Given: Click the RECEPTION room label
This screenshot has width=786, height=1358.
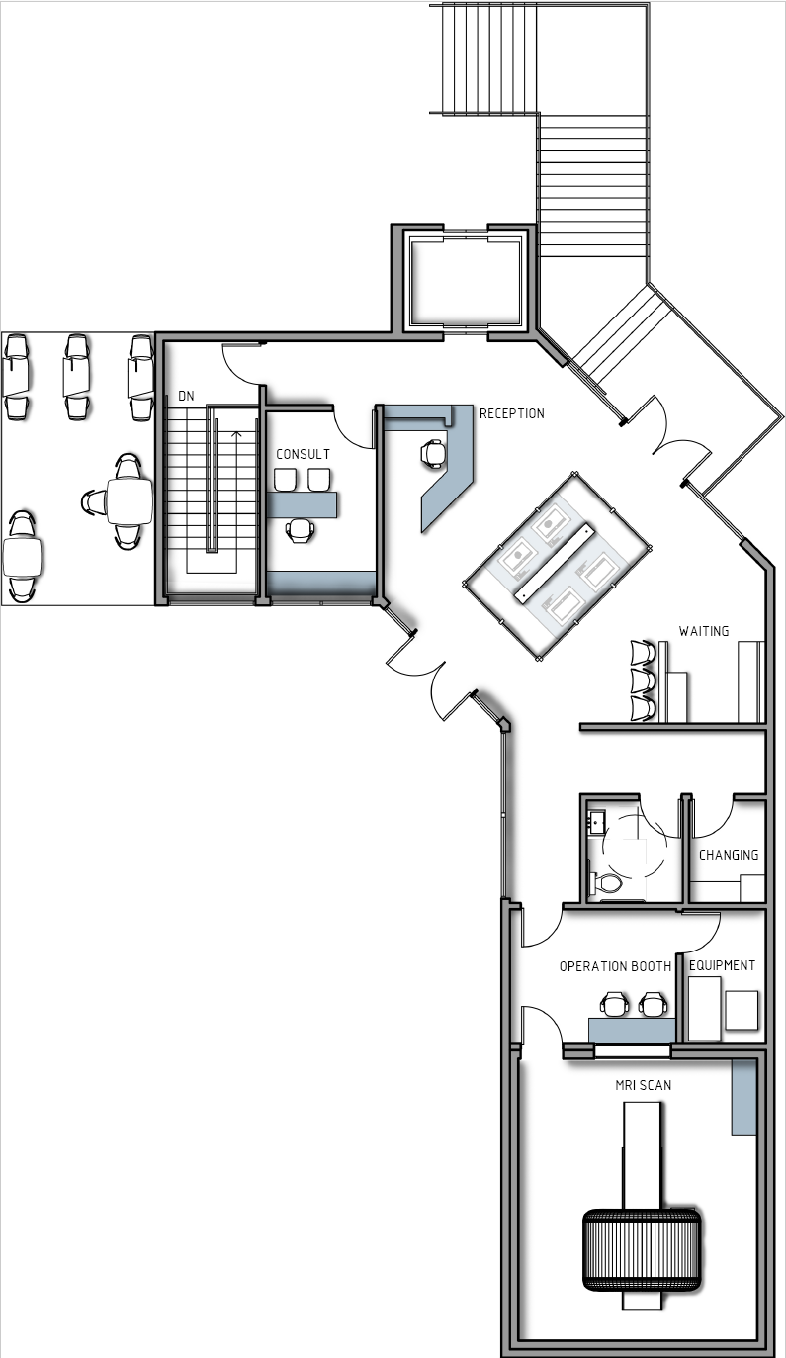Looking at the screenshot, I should (x=511, y=413).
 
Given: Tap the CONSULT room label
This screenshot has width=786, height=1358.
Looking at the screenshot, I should (x=303, y=454).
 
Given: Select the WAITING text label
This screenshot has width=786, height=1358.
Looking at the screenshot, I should (x=703, y=630).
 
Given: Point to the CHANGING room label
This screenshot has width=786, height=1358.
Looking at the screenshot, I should (x=729, y=855).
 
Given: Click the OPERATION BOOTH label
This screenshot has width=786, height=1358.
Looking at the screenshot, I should (x=615, y=966).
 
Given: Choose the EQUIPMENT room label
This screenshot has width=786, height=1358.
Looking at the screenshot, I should (x=722, y=965).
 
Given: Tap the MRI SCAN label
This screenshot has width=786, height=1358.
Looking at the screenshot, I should (x=643, y=1085).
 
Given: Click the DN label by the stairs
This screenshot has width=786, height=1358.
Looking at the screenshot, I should (x=186, y=396).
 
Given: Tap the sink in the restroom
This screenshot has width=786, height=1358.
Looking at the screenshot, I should (x=596, y=821).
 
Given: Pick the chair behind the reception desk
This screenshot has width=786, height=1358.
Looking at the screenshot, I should (x=433, y=452).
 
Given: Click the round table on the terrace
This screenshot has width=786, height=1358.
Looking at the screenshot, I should (x=130, y=501).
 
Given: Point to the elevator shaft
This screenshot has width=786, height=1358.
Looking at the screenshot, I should (x=465, y=281).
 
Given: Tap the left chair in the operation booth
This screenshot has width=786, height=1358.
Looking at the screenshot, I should (x=614, y=1005).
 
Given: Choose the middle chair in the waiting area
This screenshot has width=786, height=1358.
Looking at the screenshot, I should (x=643, y=681).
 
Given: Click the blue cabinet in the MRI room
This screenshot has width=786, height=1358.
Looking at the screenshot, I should (x=742, y=1098).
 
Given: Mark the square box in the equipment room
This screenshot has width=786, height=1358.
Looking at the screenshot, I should (x=742, y=1010).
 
